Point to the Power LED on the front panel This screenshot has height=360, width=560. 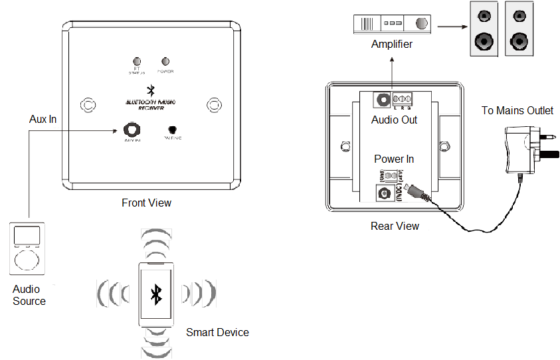(165, 61)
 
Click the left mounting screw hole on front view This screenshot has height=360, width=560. (87, 104)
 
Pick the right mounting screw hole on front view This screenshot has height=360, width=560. (214, 104)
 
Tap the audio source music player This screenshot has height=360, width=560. (27, 248)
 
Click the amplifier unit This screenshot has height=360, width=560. (391, 24)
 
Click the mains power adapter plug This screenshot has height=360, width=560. (525, 148)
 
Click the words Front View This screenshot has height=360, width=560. (146, 203)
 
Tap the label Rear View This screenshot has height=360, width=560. (395, 226)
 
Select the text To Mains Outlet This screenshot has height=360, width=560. (517, 110)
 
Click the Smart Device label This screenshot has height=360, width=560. (217, 332)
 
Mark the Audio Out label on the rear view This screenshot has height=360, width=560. (395, 120)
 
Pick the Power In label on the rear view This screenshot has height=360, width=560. (394, 159)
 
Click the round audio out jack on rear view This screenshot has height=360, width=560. (383, 100)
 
